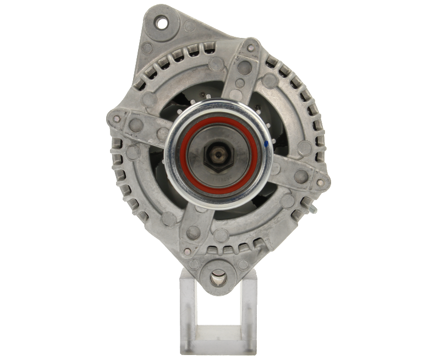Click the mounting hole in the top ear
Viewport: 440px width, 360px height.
point(162,24)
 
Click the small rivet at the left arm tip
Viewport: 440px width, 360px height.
point(116,117)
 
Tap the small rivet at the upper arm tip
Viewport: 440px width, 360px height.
point(251,48)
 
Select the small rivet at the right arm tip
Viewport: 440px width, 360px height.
point(321,183)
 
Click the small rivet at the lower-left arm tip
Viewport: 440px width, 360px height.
point(187,251)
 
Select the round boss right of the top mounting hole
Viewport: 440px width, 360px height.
point(190,26)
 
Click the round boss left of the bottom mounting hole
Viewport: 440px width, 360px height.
point(194,264)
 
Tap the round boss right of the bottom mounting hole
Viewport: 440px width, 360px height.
point(243,264)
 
